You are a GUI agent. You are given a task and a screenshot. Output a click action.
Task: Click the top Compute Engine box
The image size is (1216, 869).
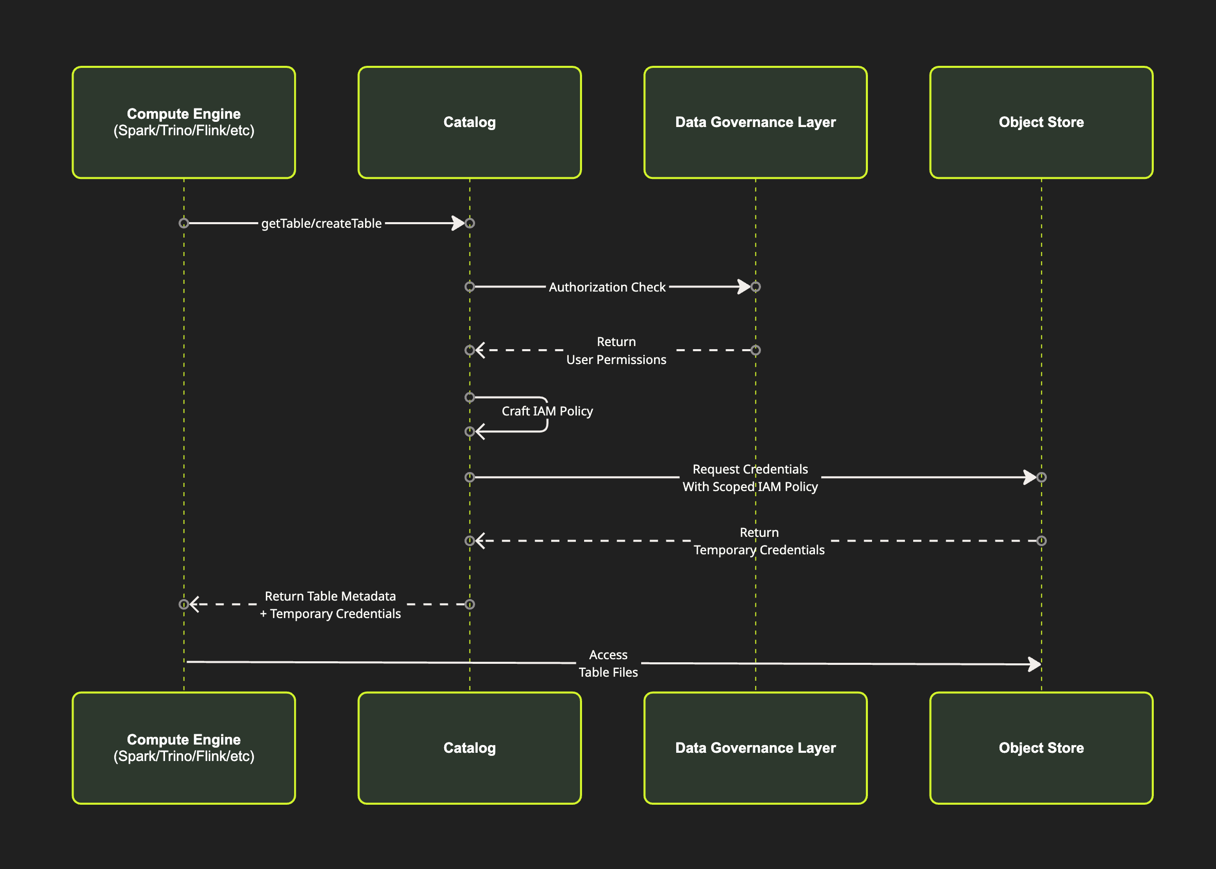tap(184, 122)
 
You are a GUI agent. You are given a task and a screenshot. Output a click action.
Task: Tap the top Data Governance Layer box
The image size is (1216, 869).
tap(755, 122)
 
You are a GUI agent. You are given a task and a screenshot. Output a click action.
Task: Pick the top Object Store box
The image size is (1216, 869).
tap(1041, 122)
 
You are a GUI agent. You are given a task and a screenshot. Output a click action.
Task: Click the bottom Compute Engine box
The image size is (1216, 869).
tap(184, 748)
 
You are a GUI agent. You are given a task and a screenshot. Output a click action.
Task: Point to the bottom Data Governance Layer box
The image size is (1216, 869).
tap(755, 748)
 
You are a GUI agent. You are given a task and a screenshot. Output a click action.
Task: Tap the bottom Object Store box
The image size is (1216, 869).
tap(1041, 748)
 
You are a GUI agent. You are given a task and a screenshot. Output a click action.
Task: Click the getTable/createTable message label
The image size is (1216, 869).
tap(321, 223)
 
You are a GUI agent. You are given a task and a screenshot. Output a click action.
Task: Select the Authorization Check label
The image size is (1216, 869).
tap(607, 287)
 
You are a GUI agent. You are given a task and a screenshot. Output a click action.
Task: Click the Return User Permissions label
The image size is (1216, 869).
tap(616, 351)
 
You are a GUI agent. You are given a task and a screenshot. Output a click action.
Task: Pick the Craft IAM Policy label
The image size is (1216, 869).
tap(547, 411)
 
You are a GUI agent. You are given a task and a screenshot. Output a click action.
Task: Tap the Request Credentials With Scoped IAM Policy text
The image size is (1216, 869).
tap(750, 477)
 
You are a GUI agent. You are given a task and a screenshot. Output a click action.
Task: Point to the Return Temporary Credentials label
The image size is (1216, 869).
tap(758, 541)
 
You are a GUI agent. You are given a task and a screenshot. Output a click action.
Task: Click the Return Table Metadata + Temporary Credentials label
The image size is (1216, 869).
tap(330, 605)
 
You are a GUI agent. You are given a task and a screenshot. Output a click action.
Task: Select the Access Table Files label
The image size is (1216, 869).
tap(608, 663)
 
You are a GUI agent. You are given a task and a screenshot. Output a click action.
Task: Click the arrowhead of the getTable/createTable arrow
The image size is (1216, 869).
tap(459, 223)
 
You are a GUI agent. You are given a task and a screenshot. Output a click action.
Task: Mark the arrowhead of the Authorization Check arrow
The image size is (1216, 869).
tap(744, 287)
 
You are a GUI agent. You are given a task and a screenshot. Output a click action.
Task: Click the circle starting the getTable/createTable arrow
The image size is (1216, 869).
tap(184, 223)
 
